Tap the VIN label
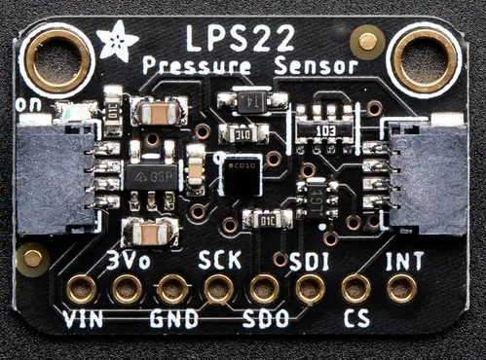[83, 318]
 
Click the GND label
[174, 318]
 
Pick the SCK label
[219, 260]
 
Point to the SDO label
[265, 318]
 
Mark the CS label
[356, 318]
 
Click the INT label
[403, 261]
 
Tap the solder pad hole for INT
[401, 288]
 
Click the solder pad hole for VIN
[81, 289]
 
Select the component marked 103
[325, 130]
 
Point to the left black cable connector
[56, 174]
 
